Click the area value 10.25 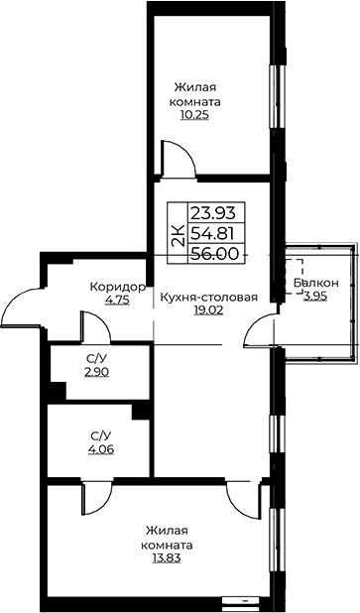(x=194, y=115)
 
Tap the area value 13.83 (x=167, y=557)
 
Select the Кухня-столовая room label (x=208, y=298)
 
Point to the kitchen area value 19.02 (x=208, y=310)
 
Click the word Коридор (x=117, y=288)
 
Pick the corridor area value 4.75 (x=117, y=301)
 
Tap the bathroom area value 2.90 (x=96, y=372)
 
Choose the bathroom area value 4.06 (x=101, y=449)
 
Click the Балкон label (x=316, y=283)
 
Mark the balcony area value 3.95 (x=315, y=296)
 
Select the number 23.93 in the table (x=213, y=213)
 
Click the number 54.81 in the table (x=212, y=234)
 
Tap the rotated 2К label (x=178, y=235)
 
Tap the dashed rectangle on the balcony (x=294, y=276)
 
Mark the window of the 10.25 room (x=277, y=95)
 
